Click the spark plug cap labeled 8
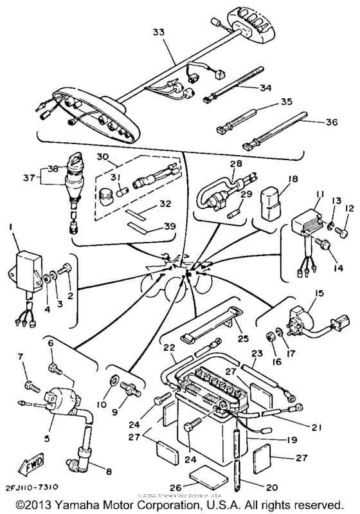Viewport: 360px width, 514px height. pyautogui.click(x=83, y=457)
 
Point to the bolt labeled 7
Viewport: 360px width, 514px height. pyautogui.click(x=30, y=384)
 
